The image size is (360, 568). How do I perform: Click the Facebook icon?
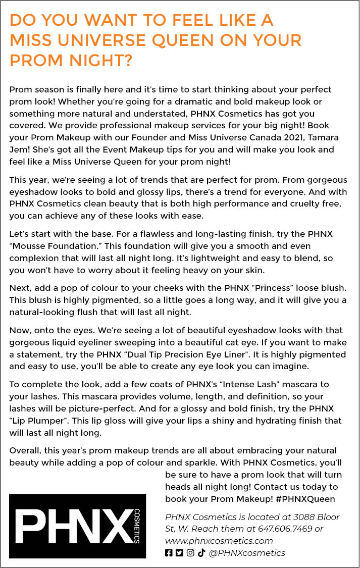point(169,553)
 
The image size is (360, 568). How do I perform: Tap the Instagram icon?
point(190,553)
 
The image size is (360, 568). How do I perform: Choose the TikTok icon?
point(201,553)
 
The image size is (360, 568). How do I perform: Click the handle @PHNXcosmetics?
point(247,553)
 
